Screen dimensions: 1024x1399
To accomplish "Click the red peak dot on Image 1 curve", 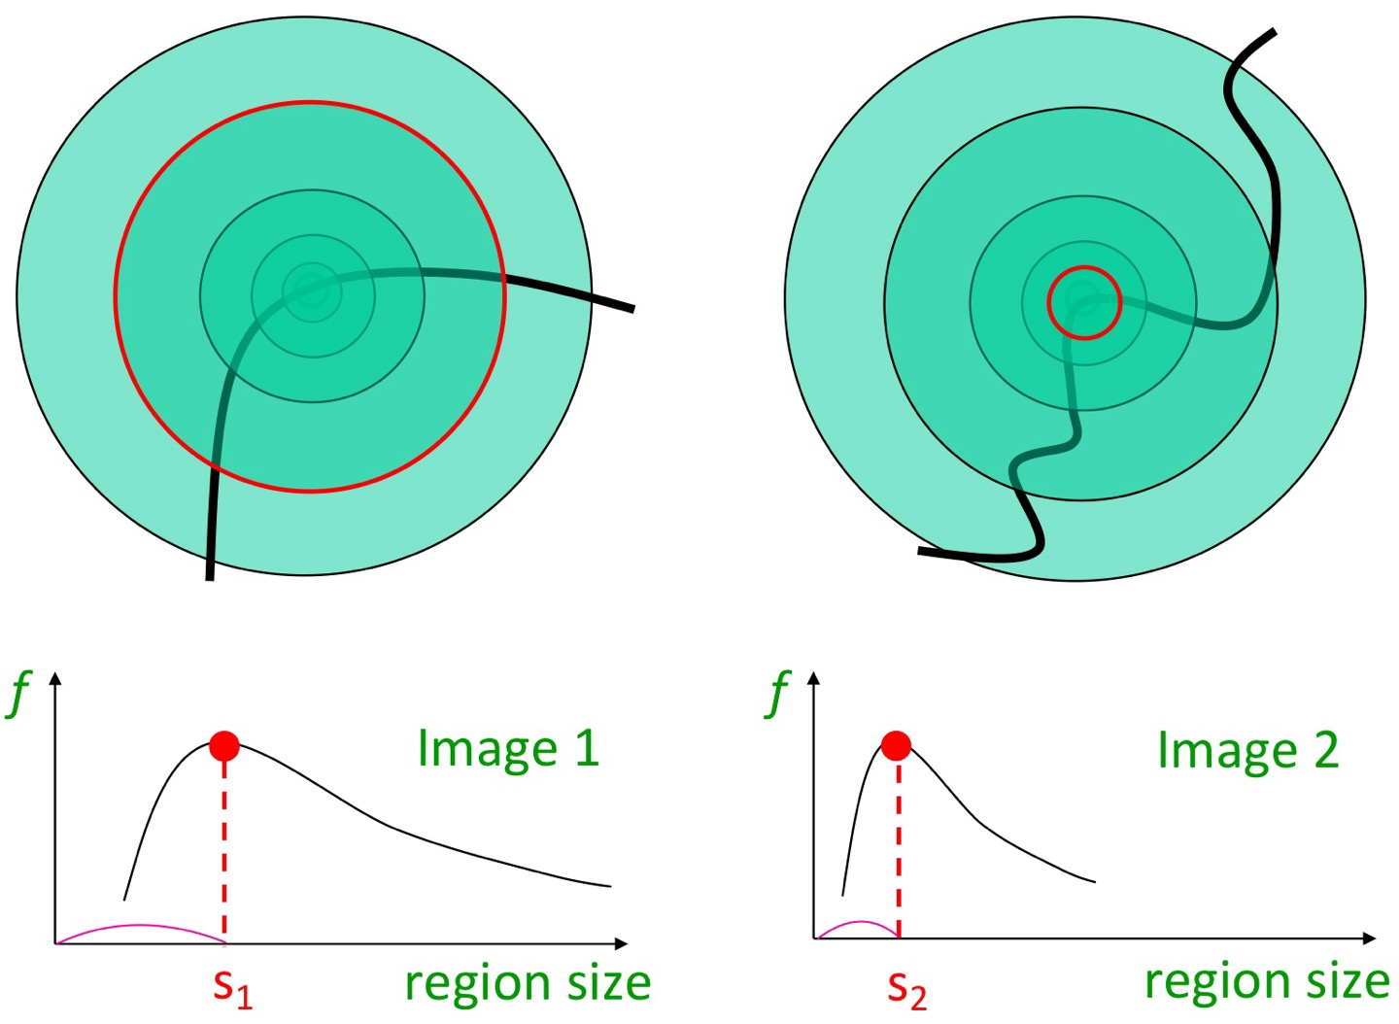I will click(x=224, y=746).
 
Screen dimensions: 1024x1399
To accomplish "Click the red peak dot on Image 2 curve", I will click(x=896, y=746).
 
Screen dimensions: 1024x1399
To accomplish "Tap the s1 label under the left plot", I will click(x=232, y=986).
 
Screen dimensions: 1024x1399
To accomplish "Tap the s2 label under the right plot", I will click(x=906, y=988).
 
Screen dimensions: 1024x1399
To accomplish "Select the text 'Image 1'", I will click(x=507, y=749).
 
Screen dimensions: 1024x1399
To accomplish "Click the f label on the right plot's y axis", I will click(x=778, y=694).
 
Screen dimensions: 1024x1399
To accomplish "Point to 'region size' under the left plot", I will click(x=528, y=982).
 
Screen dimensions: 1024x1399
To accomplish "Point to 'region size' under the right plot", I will click(x=1267, y=981).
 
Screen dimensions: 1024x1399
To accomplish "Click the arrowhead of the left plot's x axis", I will click(x=622, y=942).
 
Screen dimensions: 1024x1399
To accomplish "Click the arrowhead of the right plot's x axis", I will click(x=1370, y=938).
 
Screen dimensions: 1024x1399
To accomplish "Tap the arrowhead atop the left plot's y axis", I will click(x=55, y=677).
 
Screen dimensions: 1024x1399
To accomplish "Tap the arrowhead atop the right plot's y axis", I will click(x=814, y=677).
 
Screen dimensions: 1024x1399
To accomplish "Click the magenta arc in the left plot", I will click(x=141, y=925).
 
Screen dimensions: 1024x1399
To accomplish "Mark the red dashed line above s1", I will click(x=224, y=855).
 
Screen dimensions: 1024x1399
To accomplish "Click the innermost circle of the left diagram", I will click(x=311, y=290).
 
